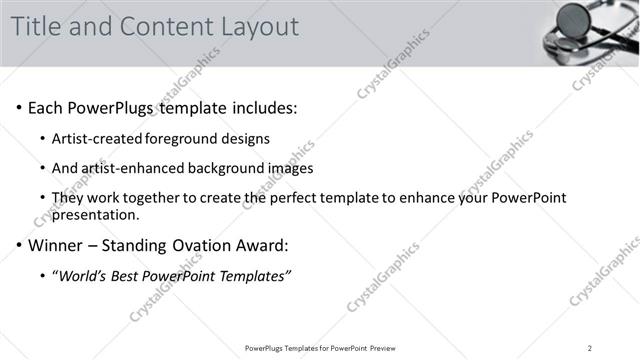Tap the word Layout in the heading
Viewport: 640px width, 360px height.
pos(259,27)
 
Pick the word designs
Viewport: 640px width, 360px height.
pos(246,138)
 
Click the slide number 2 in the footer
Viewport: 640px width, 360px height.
pos(590,348)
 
